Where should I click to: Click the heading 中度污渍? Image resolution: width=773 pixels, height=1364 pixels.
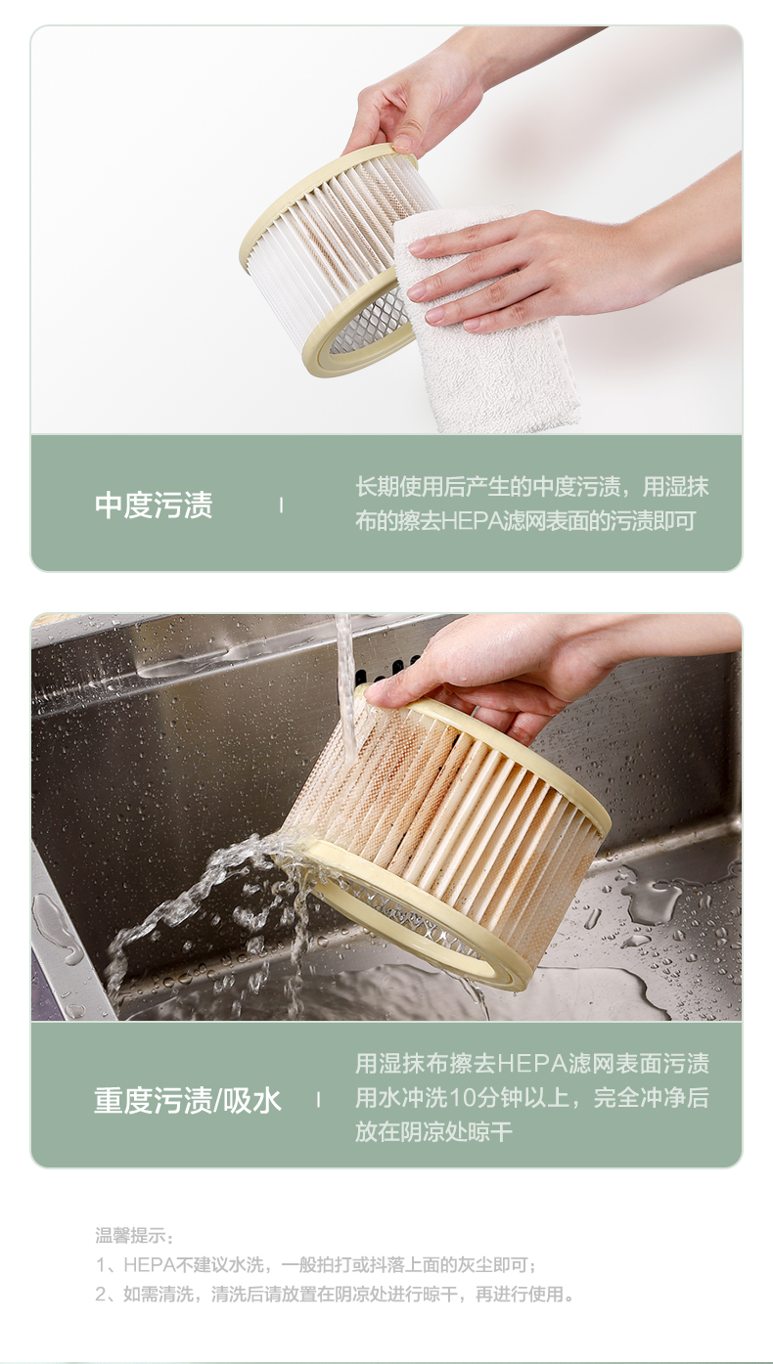point(154,505)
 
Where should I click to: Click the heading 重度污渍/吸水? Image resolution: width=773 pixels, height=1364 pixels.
point(188,1100)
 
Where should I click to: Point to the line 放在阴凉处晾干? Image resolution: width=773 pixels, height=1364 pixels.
point(433,1132)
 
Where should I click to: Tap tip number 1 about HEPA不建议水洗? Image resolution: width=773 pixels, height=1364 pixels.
point(316,1264)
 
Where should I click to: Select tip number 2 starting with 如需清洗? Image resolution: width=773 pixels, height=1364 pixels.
point(335,1294)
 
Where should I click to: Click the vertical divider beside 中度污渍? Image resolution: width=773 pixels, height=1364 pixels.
point(281,505)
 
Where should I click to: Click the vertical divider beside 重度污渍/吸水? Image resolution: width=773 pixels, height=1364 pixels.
point(318,1100)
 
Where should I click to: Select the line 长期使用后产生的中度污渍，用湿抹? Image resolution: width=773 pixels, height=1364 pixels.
point(532,487)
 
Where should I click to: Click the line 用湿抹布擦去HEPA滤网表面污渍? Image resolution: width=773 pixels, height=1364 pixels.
point(532,1063)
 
